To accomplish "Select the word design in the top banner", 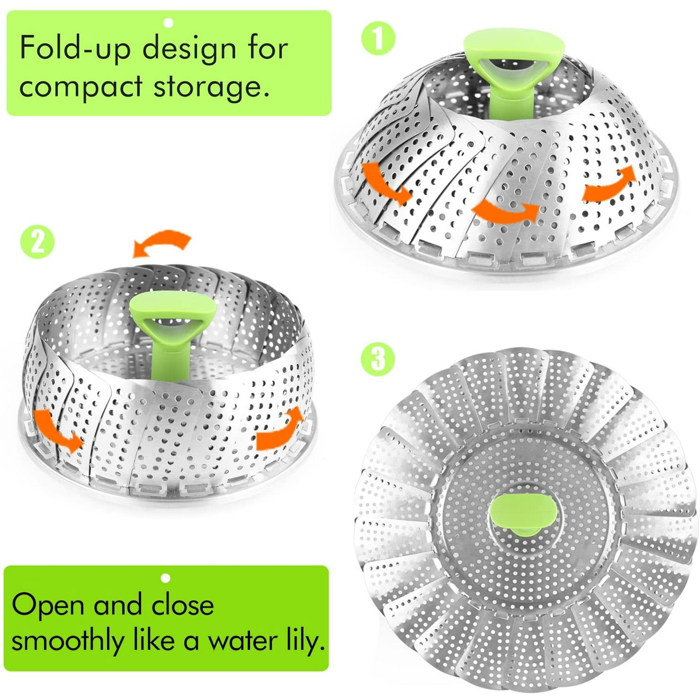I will click(x=188, y=50).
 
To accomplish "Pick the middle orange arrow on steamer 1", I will click(x=505, y=212).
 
